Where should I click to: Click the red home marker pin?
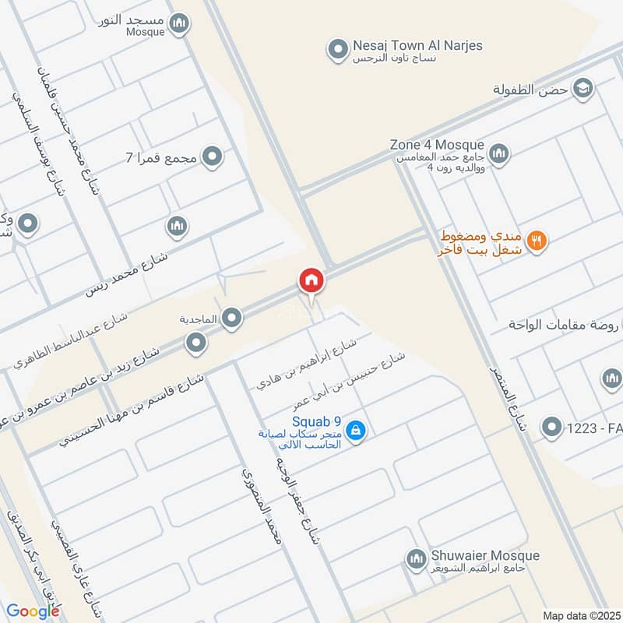[x=311, y=280]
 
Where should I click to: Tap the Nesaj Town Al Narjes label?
[x=417, y=46]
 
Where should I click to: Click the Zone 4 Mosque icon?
[x=500, y=152]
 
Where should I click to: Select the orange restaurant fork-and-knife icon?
[x=536, y=241]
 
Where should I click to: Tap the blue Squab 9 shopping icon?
[x=356, y=430]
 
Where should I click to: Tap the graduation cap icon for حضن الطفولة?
[x=582, y=90]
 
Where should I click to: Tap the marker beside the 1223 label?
[x=552, y=426]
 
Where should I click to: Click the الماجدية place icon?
[x=231, y=318]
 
